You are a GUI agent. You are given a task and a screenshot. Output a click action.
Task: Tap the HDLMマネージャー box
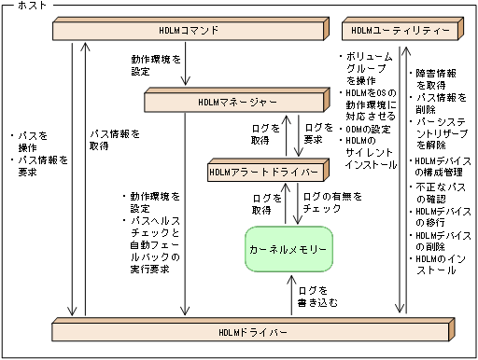[237, 100]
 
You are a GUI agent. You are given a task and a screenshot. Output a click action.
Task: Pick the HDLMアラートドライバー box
[268, 173]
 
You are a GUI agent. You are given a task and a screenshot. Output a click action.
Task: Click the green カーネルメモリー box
[288, 251]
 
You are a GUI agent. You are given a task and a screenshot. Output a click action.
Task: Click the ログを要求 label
[318, 132]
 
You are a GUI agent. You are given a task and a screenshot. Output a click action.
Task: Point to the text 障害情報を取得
[435, 78]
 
